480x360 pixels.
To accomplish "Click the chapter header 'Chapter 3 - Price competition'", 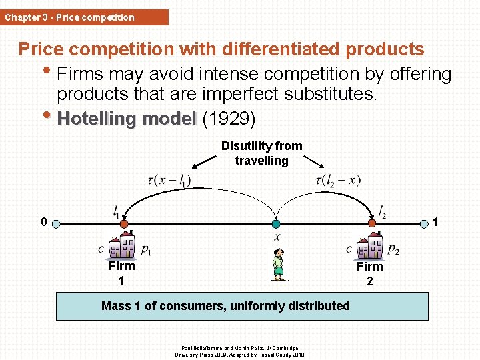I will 69,17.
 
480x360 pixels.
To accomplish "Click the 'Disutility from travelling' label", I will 261,153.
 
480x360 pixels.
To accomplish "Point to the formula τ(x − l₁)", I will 169,180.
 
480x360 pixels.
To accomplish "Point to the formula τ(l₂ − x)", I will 337,180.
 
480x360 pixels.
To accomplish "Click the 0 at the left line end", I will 43,223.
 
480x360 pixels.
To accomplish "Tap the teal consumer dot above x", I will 276,224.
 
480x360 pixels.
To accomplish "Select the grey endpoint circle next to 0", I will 57,224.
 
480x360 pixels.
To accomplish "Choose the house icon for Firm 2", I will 370,246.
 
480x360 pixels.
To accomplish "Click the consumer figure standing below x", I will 278,264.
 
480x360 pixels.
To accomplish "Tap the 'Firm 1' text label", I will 121,273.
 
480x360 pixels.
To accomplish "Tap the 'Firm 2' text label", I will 369,273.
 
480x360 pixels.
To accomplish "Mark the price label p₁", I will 145,250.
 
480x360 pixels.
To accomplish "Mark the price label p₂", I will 393,250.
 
